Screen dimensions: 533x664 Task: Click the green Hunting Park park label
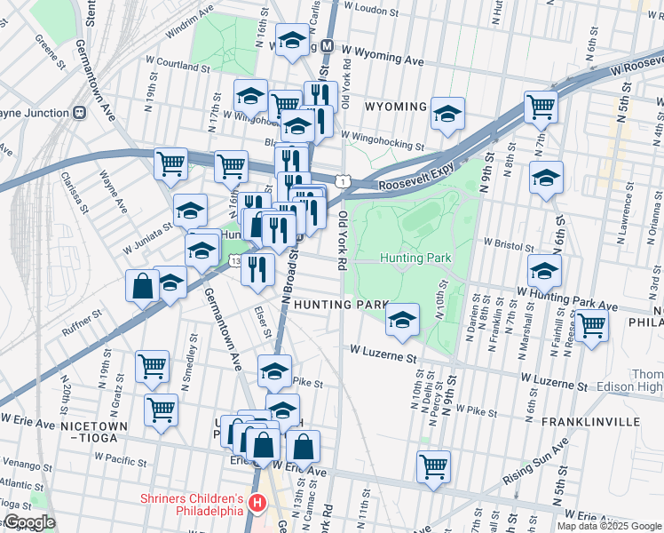click(416, 259)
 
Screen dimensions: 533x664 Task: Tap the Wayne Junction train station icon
click(79, 113)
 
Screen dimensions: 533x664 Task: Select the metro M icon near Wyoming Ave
click(327, 45)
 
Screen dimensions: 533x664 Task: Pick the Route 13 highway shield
click(234, 260)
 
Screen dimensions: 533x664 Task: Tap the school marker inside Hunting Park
click(403, 320)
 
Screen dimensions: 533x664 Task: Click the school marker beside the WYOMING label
click(448, 113)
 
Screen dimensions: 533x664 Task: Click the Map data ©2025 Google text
click(609, 526)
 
